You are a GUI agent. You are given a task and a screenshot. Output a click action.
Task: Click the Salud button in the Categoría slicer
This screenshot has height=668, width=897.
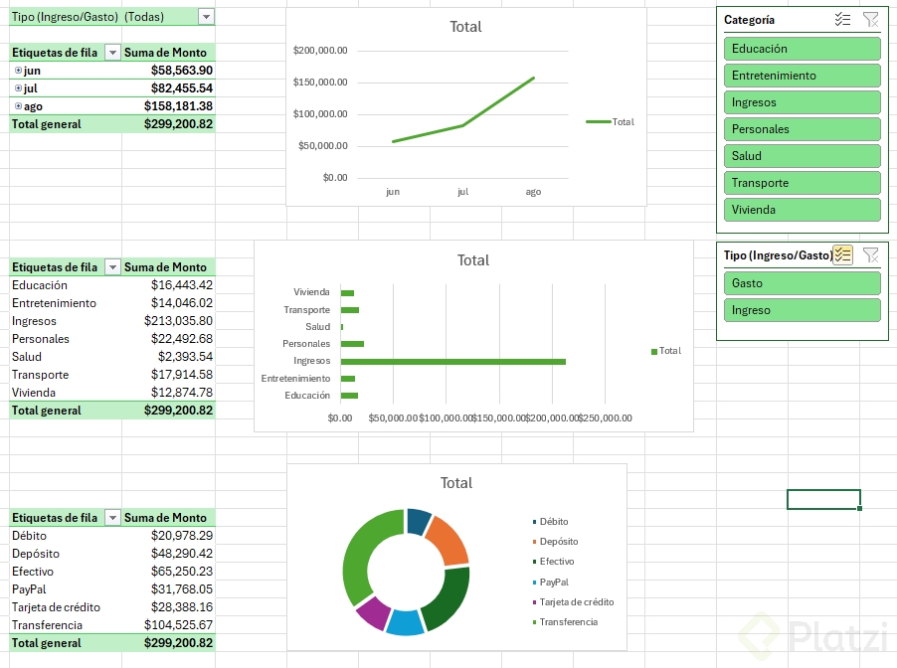coord(802,156)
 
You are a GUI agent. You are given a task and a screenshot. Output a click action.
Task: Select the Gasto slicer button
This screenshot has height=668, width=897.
coord(802,283)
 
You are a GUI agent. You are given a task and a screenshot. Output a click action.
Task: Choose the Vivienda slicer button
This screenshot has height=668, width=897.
coord(802,210)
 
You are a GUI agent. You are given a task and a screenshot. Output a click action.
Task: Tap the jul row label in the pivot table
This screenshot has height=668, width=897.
coord(32,88)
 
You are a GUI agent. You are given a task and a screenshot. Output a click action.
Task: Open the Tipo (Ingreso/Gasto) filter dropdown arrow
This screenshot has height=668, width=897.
coord(206,17)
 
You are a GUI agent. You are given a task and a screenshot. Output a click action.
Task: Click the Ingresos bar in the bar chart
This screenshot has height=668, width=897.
coord(452,361)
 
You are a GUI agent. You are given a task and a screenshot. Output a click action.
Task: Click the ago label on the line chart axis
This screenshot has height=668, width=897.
coord(533,192)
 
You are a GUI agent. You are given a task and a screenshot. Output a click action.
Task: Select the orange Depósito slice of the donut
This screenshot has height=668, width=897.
coord(448,539)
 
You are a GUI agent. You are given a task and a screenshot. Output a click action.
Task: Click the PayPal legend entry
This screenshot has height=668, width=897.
coord(555,582)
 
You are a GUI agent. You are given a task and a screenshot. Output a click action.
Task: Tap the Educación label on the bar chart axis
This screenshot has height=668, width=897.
coord(307,396)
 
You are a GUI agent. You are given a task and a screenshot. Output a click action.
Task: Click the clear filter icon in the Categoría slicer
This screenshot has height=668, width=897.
coord(870,20)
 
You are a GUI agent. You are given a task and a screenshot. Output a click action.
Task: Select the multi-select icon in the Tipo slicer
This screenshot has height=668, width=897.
coord(843,255)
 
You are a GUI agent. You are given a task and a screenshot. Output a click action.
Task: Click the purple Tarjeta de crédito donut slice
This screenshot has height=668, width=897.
coord(372,612)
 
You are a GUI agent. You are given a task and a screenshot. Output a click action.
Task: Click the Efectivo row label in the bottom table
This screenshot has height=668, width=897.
coord(34,572)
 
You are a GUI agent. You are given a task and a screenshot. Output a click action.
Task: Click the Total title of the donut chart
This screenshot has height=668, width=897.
coord(456,483)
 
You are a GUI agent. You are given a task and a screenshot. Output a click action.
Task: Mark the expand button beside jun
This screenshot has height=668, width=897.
coord(18,71)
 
